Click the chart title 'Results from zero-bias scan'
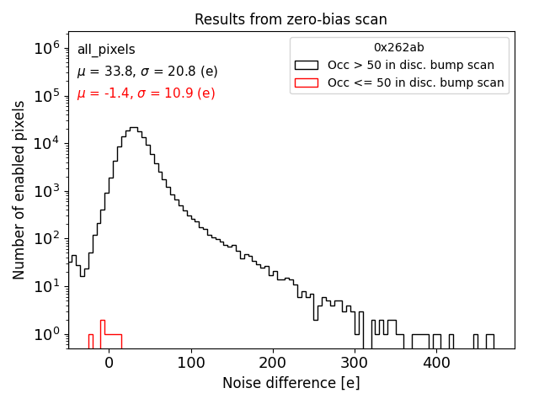291,19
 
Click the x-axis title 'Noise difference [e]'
291,383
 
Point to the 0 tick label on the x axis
109,362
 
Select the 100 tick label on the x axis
191,362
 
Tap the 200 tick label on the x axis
273,362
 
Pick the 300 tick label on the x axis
355,362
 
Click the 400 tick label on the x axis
437,362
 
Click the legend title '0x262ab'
399,48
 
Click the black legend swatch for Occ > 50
307,65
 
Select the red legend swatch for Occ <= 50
307,82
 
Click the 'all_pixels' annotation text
106,50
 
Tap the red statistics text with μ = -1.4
146,93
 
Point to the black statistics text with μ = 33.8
146,72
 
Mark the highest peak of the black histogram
133,128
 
